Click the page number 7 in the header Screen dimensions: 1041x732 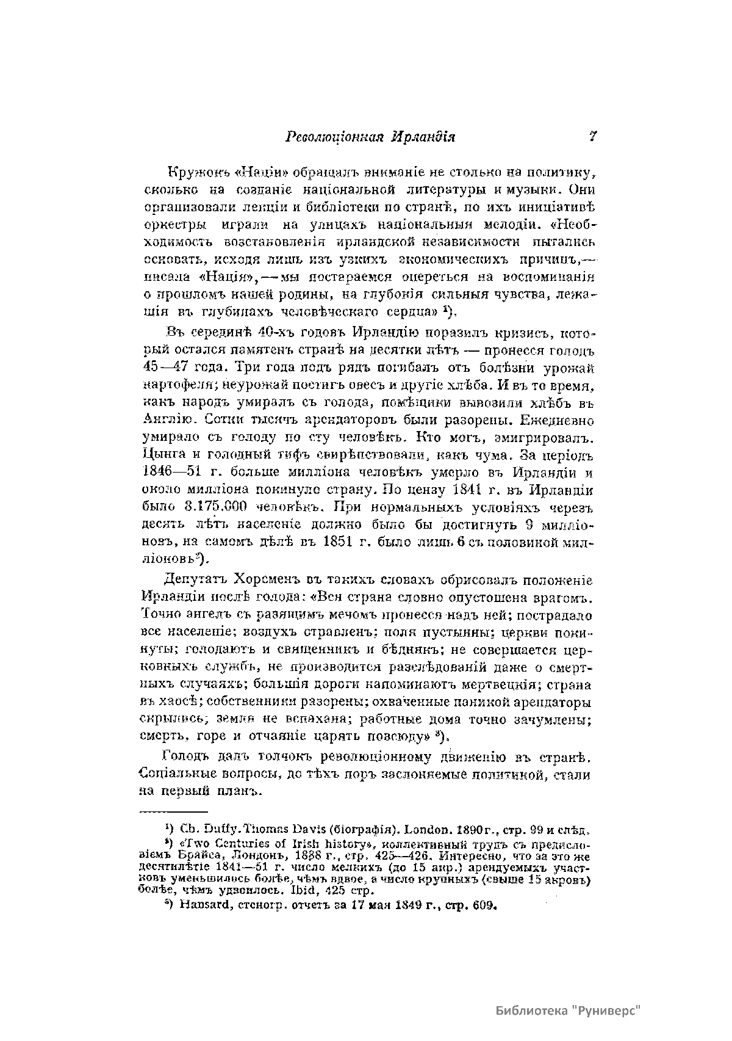[592, 137]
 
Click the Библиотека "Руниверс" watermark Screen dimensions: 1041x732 [570, 1009]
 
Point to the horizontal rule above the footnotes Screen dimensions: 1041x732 [174, 813]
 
